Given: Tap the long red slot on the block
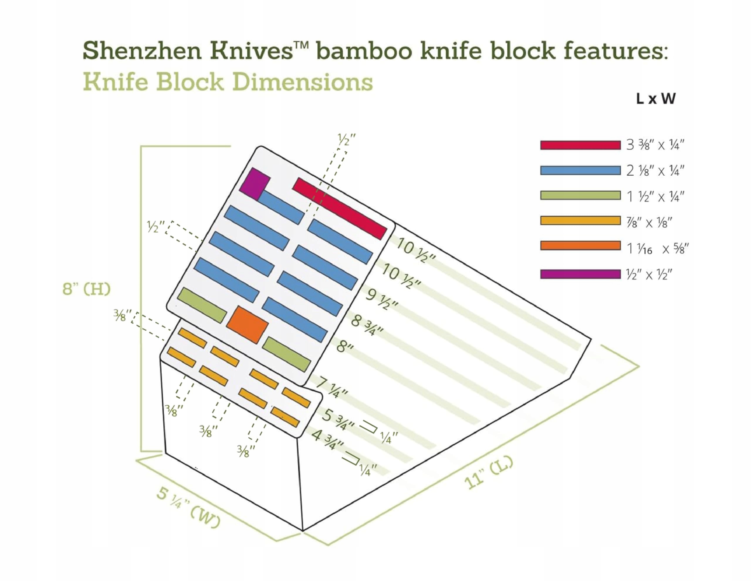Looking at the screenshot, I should (x=339, y=208).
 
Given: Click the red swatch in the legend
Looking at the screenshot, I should (x=580, y=145).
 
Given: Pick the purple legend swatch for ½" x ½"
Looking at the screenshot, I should (x=580, y=274).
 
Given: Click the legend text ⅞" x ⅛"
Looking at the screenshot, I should (x=649, y=222).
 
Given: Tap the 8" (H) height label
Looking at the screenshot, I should (x=86, y=289).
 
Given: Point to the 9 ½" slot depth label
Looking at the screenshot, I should (x=382, y=299).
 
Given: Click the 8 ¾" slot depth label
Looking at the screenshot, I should (x=367, y=325).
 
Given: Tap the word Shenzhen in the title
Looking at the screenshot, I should (x=142, y=51).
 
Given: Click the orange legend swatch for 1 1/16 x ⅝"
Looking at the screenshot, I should (x=580, y=245).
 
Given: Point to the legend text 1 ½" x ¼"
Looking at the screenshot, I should (x=655, y=197).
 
